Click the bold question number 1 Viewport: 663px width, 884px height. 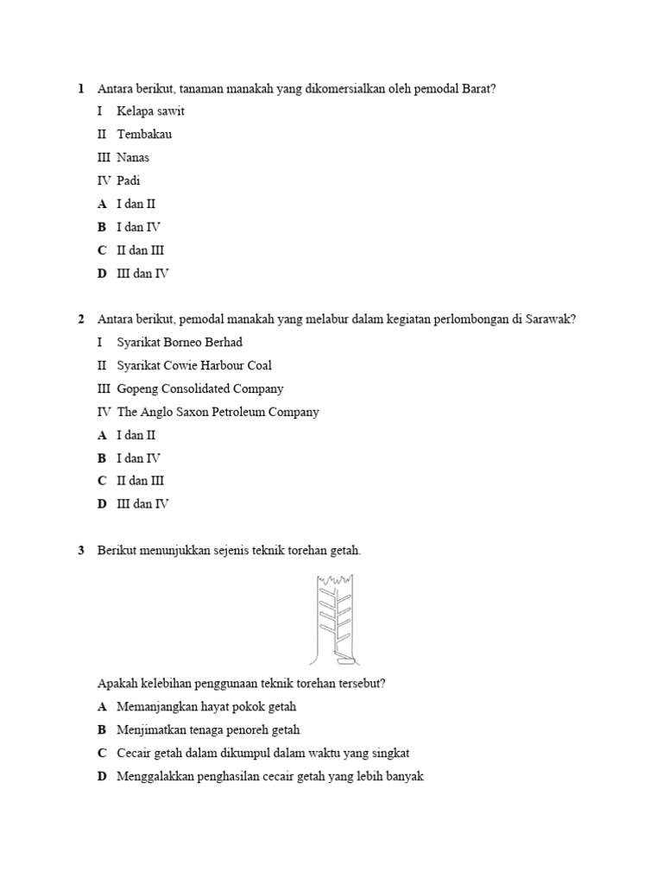tap(80, 88)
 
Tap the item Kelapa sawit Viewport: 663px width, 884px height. tap(150, 111)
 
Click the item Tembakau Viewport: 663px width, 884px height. tap(144, 135)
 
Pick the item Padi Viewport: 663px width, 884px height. tap(129, 181)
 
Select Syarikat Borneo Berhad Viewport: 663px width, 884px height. tap(180, 343)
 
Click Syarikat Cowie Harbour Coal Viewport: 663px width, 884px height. tap(194, 366)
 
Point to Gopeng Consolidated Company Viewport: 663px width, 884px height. tap(200, 389)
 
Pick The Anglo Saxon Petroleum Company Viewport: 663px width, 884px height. tap(218, 413)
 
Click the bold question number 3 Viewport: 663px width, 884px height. tap(80, 551)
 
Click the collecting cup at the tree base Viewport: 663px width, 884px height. tap(346, 661)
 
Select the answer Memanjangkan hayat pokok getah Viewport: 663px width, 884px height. tap(206, 706)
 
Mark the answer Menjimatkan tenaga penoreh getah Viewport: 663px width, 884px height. tap(208, 729)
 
